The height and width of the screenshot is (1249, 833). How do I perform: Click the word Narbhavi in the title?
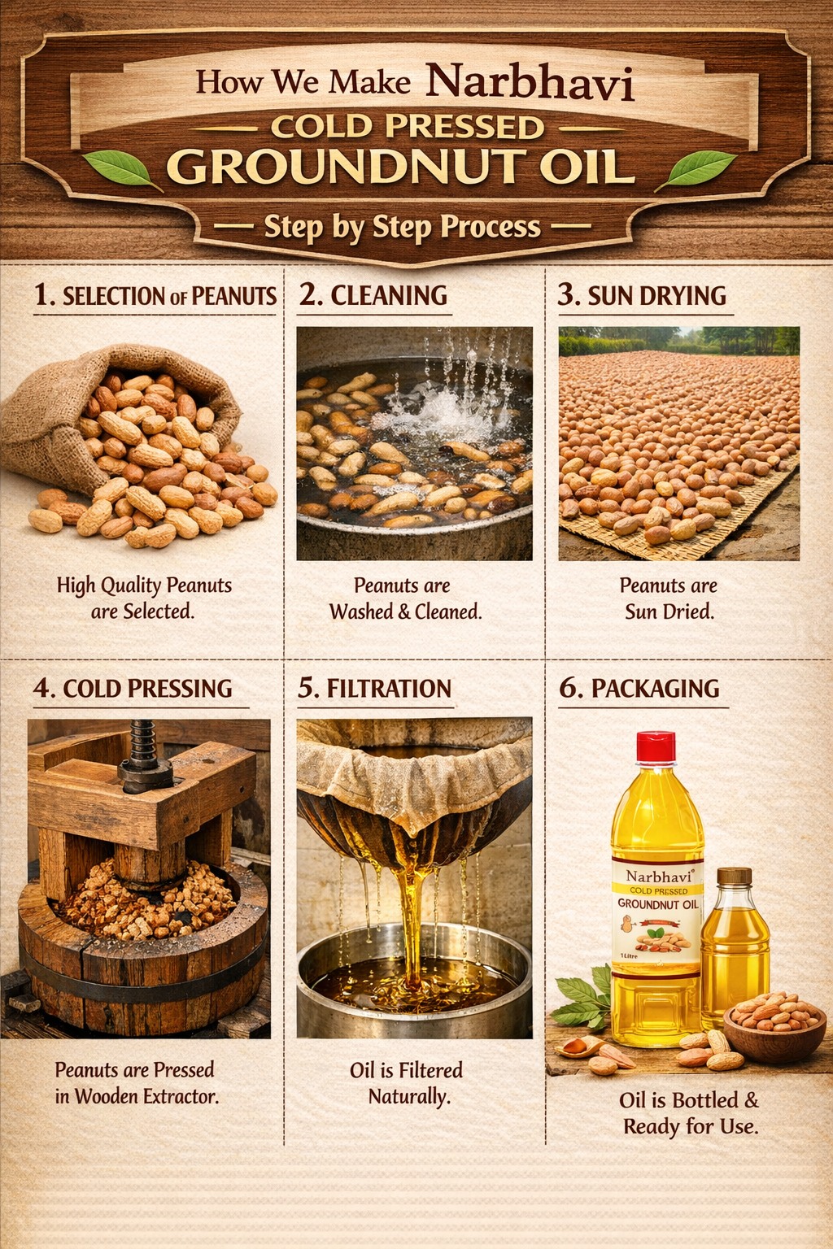(530, 83)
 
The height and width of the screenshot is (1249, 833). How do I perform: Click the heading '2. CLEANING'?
(373, 295)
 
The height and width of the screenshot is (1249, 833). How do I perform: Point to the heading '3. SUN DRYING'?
(642, 295)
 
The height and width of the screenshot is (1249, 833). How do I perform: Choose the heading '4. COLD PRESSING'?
(133, 688)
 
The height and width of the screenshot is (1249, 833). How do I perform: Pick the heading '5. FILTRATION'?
(374, 688)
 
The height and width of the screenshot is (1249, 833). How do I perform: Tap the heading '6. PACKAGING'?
(639, 688)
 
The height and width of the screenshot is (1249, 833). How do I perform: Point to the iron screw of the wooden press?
(143, 755)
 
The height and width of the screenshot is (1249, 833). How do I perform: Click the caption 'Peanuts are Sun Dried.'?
(669, 598)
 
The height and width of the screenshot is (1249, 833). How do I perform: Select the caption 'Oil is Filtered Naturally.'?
(407, 1083)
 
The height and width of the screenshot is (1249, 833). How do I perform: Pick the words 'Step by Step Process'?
(403, 227)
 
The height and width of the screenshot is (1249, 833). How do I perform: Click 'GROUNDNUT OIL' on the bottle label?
(658, 904)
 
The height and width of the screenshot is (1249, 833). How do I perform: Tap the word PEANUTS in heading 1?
(234, 296)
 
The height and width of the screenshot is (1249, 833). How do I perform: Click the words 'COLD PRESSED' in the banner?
(408, 127)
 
